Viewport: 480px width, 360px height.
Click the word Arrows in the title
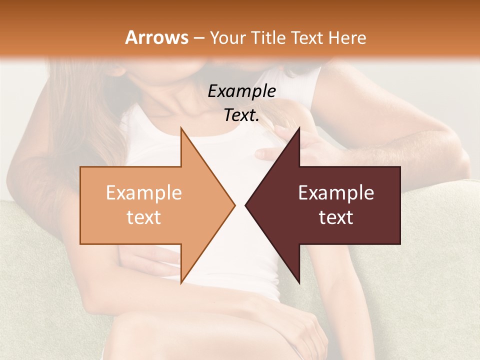click(156, 37)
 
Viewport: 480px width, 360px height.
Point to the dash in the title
click(198, 38)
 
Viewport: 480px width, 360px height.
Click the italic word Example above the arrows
click(241, 91)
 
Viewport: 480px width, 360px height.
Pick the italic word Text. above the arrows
click(241, 115)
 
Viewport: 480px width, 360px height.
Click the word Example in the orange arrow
click(143, 193)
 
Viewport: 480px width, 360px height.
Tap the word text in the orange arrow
click(143, 217)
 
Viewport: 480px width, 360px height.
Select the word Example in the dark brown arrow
click(336, 193)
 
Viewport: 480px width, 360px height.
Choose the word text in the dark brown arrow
click(336, 217)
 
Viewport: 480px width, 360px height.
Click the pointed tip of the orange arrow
click(235, 205)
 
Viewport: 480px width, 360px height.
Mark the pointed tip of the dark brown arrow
click(245, 205)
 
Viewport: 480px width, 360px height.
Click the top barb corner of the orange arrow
click(181, 128)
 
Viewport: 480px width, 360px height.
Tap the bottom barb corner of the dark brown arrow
click(299, 283)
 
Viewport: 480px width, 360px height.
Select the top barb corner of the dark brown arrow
click(299, 128)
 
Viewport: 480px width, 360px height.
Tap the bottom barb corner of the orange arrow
click(181, 283)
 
